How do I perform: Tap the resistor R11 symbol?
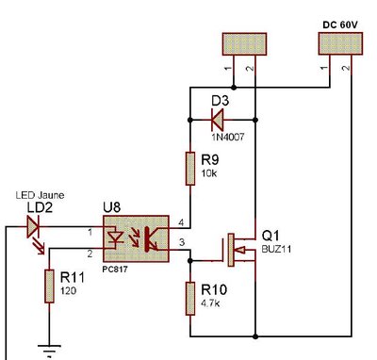click(48, 286)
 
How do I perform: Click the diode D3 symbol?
click(216, 119)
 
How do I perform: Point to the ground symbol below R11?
click(48, 351)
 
